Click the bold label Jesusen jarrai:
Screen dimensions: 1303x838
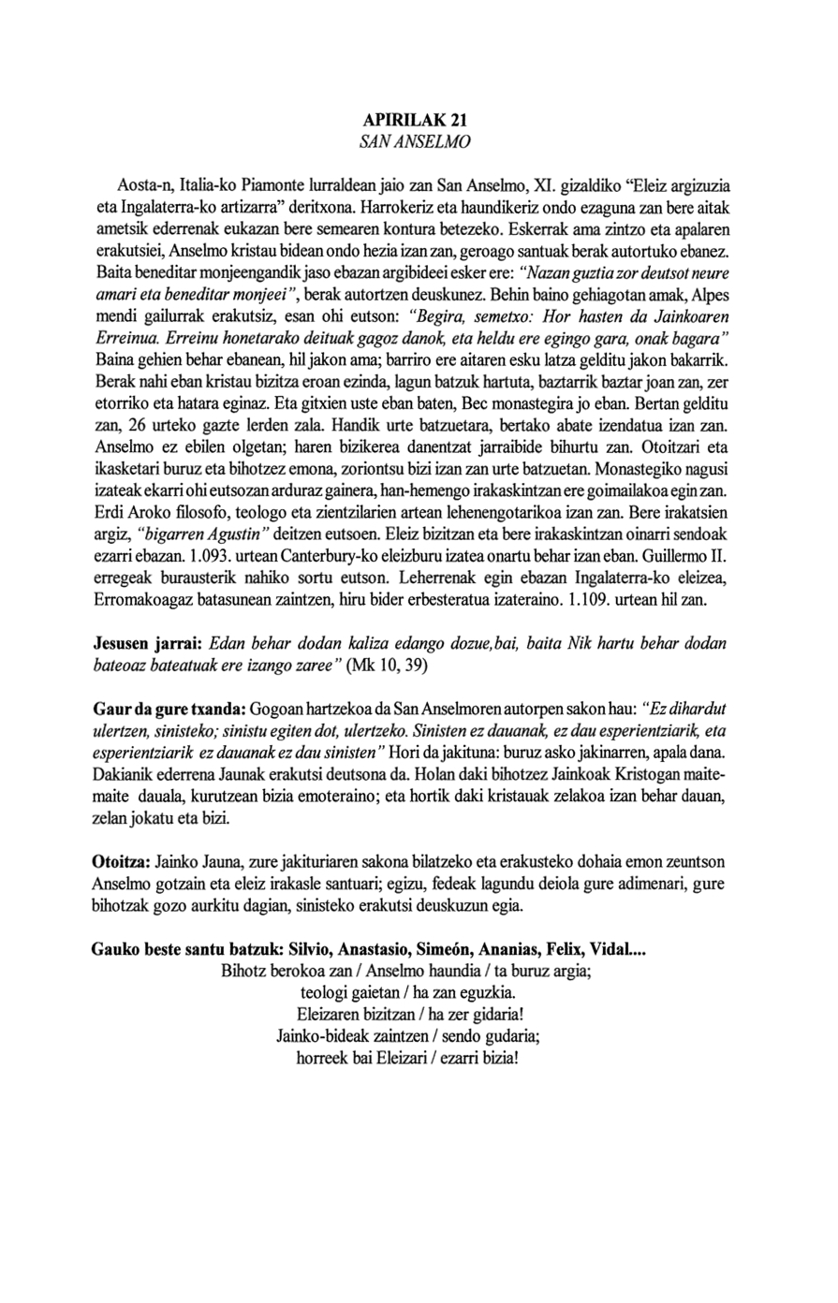(148, 644)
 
